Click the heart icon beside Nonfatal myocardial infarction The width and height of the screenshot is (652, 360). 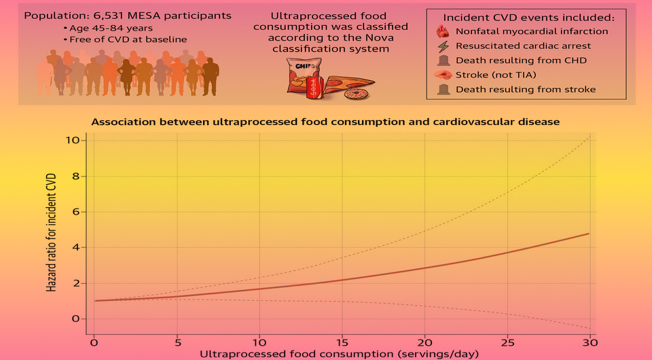[x=442, y=31]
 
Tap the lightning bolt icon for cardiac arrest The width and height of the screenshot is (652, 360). [x=442, y=46]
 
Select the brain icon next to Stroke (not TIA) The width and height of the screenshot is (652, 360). [x=442, y=75]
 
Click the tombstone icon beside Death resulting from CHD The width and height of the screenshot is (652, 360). [x=442, y=60]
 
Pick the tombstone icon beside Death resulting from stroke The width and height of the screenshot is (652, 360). [x=442, y=90]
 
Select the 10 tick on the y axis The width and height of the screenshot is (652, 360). [x=73, y=141]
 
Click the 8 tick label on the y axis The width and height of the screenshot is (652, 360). [x=76, y=177]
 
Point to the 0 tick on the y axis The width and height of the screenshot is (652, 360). [x=76, y=319]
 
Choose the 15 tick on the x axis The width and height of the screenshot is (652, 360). [x=342, y=340]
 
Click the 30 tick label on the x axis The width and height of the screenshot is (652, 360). [x=590, y=340]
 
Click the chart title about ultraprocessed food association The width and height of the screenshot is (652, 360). [x=325, y=122]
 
